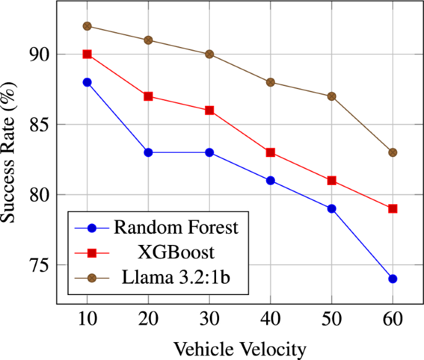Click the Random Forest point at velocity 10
coord(87,82)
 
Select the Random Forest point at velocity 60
coord(392,279)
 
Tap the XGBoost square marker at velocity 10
coord(87,54)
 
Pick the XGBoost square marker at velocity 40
coord(270,153)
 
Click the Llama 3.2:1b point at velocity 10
coord(87,26)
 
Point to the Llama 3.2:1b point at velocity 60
coord(392,152)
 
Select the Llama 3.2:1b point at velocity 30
coord(209,54)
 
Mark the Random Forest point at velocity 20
coord(149,152)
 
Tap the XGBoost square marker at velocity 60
coord(392,209)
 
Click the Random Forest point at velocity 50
coord(332,209)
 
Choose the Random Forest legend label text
coord(176,228)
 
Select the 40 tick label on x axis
coord(270,320)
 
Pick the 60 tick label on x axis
coord(392,320)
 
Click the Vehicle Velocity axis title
coord(240,349)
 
